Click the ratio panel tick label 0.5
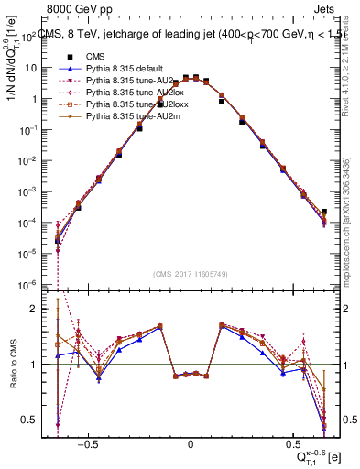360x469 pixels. coord(33,420)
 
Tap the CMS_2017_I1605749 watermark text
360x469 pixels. coord(191,273)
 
